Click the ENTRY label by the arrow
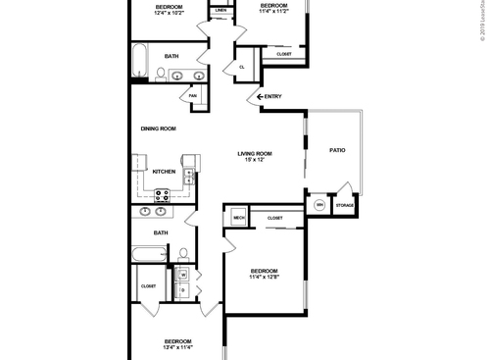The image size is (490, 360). pyautogui.click(x=273, y=96)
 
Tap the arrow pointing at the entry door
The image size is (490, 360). pyautogui.click(x=260, y=96)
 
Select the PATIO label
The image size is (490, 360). pyautogui.click(x=336, y=150)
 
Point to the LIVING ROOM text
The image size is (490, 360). pyautogui.click(x=255, y=153)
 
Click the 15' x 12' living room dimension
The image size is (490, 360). pyautogui.click(x=255, y=160)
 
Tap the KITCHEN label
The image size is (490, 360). pyautogui.click(x=164, y=172)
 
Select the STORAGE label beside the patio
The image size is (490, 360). pyautogui.click(x=344, y=205)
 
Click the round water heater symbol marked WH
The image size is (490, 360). pyautogui.click(x=319, y=205)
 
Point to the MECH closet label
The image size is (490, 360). pyautogui.click(x=238, y=217)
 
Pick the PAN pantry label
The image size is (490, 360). pyautogui.click(x=193, y=95)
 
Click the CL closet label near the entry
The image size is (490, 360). pyautogui.click(x=241, y=66)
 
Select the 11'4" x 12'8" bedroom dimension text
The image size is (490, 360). pyautogui.click(x=264, y=278)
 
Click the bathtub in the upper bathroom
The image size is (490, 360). pyautogui.click(x=138, y=60)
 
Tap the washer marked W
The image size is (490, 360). pyautogui.click(x=183, y=275)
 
